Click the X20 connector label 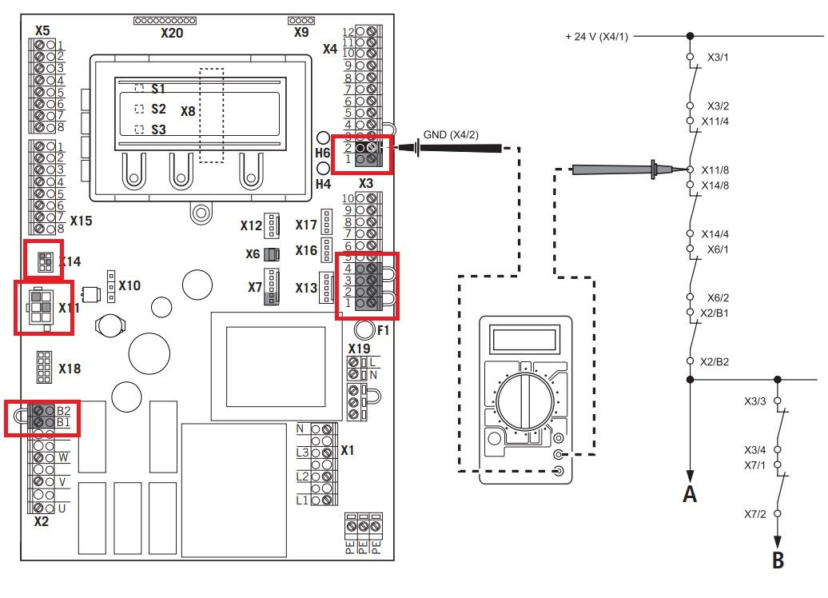click(172, 33)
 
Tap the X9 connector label click(301, 32)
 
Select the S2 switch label click(158, 109)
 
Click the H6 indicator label click(323, 153)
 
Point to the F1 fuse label click(383, 331)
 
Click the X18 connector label click(70, 369)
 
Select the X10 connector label click(129, 285)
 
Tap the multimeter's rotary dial click(525, 401)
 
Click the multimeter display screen click(523, 339)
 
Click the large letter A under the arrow click(690, 494)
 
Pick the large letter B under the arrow click(778, 560)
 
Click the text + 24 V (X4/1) click(597, 37)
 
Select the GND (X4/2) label click(451, 134)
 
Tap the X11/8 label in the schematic click(715, 170)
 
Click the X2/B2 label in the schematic click(715, 362)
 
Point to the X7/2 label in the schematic click(755, 514)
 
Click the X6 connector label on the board click(253, 254)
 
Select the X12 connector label click(251, 225)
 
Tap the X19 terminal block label click(359, 349)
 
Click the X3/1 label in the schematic click(719, 58)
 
